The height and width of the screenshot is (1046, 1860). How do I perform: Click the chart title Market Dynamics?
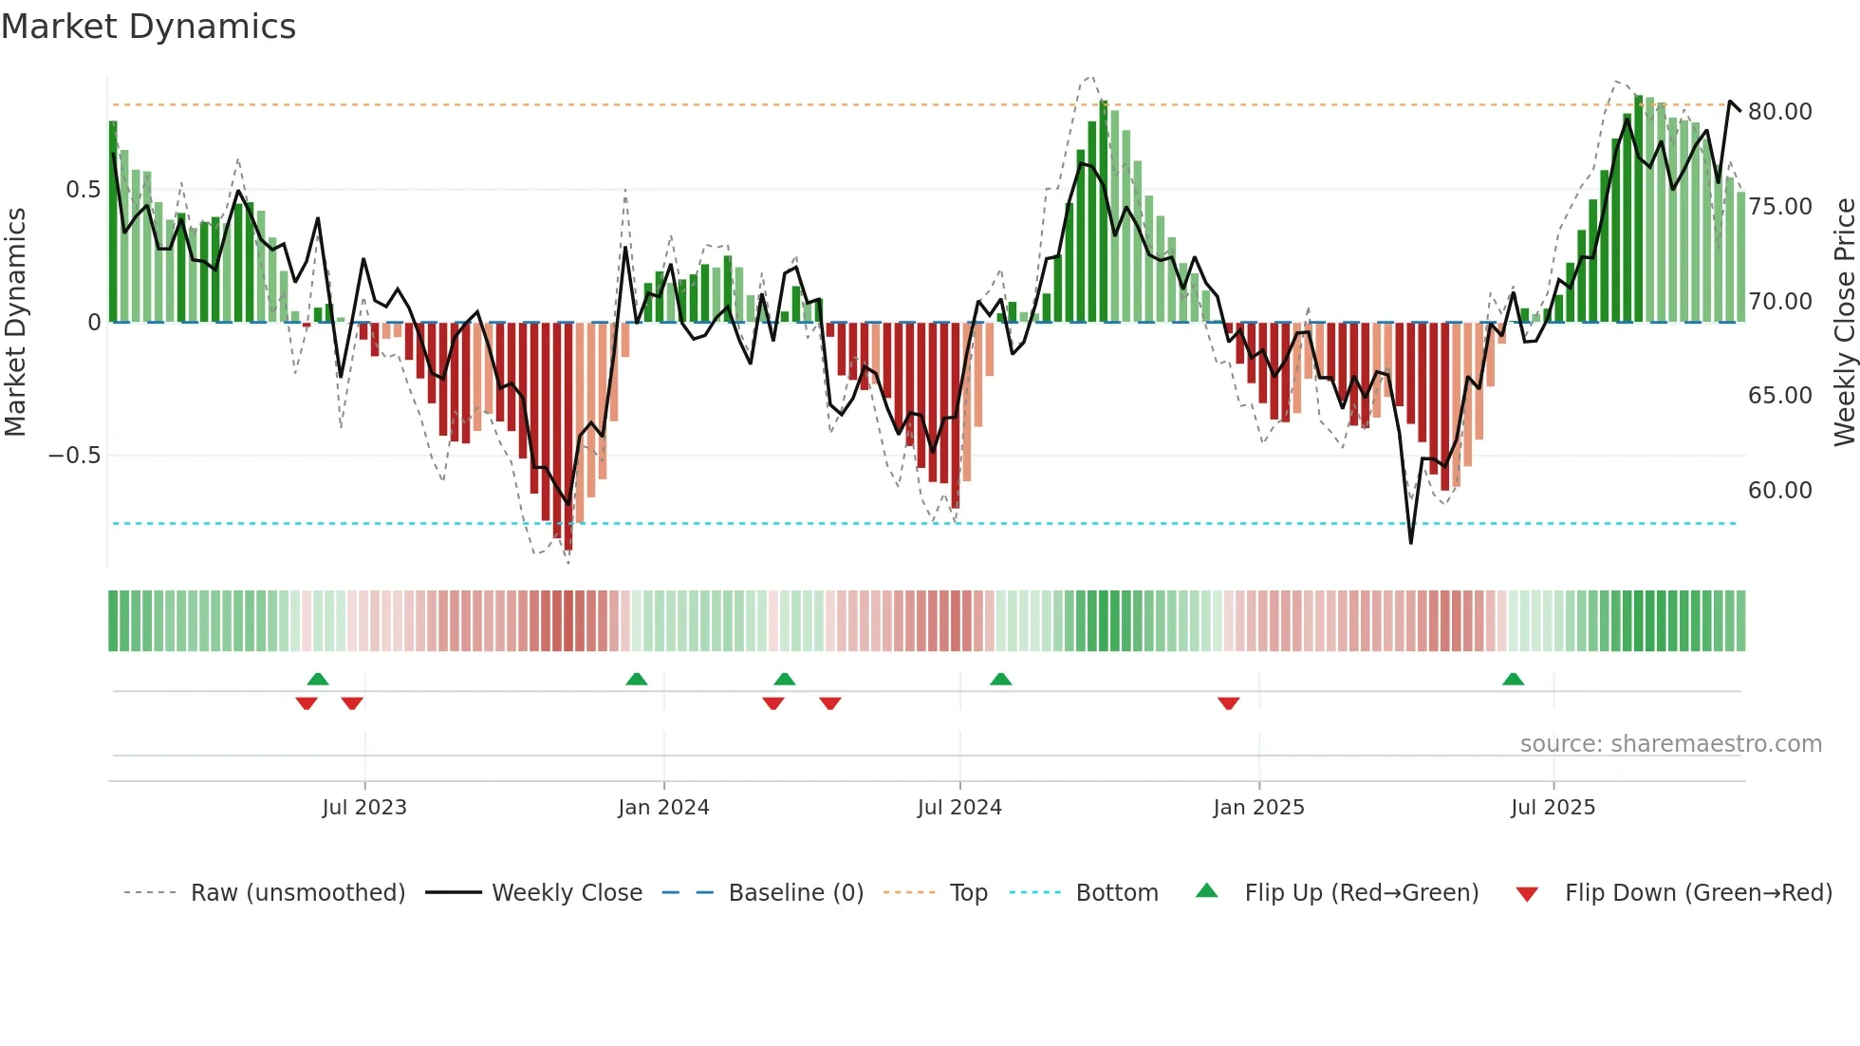(x=148, y=27)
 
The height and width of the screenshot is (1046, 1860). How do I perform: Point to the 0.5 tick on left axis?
(x=83, y=190)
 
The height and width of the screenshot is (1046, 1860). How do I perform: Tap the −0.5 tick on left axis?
(x=74, y=456)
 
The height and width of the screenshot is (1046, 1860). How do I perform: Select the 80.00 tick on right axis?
(x=1779, y=112)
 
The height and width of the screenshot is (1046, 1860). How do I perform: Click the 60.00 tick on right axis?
(x=1779, y=491)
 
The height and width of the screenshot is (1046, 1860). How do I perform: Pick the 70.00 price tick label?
(x=1779, y=302)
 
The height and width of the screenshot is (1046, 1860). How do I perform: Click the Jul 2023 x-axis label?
(x=364, y=808)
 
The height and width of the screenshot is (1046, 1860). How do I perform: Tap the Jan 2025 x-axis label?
(x=1258, y=808)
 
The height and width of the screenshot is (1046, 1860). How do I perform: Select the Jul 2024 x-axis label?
(x=959, y=808)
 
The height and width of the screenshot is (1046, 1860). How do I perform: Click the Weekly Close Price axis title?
(x=1844, y=322)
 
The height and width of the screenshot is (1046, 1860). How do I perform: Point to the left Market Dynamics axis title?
(x=15, y=322)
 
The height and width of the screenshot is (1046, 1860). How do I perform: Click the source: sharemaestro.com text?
(x=1670, y=744)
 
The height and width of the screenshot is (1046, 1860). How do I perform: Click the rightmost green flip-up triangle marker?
(x=1513, y=680)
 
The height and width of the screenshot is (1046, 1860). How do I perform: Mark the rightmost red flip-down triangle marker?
(x=1228, y=703)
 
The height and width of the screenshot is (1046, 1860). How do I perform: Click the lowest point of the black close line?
(x=1410, y=543)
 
